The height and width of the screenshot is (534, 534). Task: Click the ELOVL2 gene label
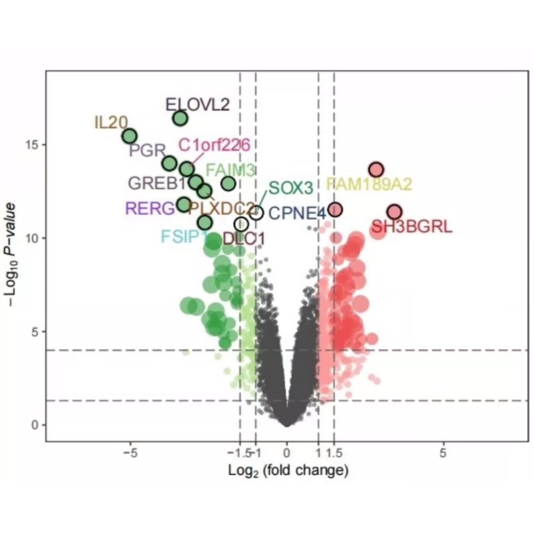(x=197, y=105)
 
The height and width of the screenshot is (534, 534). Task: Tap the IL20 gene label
(x=111, y=122)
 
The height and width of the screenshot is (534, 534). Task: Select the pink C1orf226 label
(x=214, y=145)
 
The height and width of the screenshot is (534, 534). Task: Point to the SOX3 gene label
(x=291, y=188)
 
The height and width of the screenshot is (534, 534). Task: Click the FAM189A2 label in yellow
(x=369, y=184)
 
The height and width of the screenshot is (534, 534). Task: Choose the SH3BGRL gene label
(x=412, y=226)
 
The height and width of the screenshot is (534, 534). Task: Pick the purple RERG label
(x=150, y=209)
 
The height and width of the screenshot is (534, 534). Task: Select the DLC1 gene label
(x=244, y=238)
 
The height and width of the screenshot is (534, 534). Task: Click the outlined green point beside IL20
(x=130, y=136)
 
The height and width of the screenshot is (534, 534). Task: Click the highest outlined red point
(x=376, y=169)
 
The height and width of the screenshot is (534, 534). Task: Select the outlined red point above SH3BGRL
(x=395, y=212)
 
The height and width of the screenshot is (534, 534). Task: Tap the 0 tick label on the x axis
(x=287, y=453)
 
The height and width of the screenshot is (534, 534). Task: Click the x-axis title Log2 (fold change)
(x=288, y=470)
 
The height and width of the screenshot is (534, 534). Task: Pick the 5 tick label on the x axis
(x=443, y=453)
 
